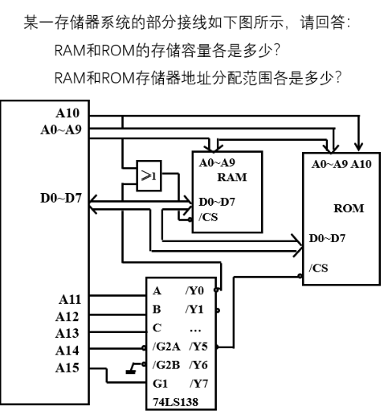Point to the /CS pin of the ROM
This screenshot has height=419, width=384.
(317, 266)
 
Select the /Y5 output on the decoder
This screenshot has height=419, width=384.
(198, 347)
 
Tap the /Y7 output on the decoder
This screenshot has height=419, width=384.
(198, 383)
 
